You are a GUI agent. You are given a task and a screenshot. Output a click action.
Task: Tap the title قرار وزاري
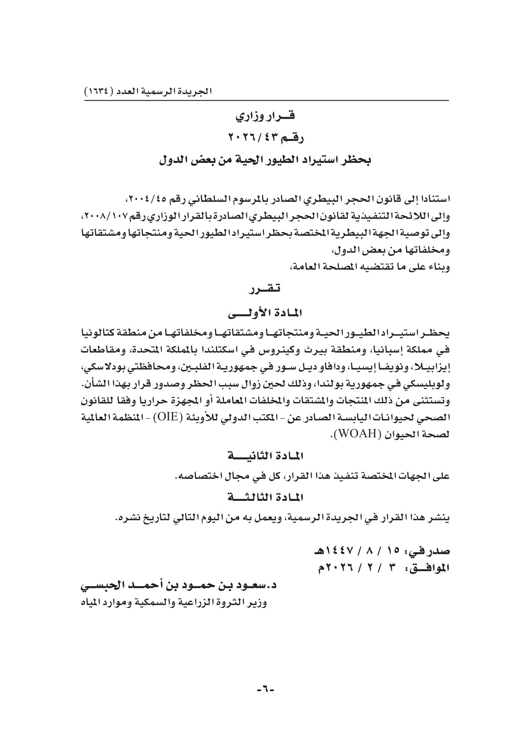coord(265,116)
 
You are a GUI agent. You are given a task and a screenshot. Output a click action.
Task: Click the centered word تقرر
coord(265,289)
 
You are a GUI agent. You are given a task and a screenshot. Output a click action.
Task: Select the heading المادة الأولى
coord(265,313)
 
